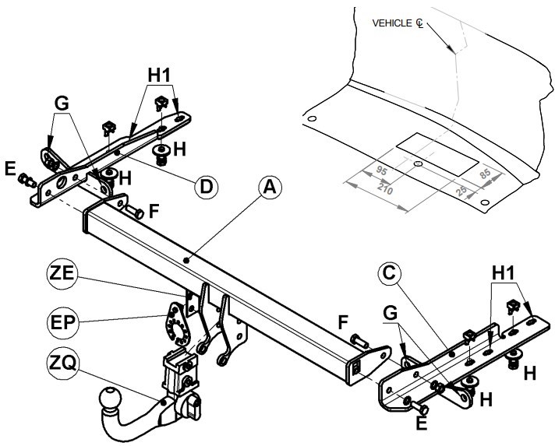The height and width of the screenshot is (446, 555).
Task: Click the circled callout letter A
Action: click(x=270, y=187)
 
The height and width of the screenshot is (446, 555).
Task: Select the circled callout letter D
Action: click(x=207, y=187)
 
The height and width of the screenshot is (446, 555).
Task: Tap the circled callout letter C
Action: click(x=389, y=273)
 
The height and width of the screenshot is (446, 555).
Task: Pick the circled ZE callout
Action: click(x=62, y=274)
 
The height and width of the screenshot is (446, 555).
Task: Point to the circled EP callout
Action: click(x=62, y=322)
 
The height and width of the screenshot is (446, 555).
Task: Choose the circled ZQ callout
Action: click(x=62, y=363)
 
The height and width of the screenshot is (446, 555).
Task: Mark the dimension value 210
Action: click(x=385, y=188)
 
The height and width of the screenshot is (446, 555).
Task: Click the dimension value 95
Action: click(x=381, y=170)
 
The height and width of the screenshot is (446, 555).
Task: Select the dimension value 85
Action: click(x=485, y=174)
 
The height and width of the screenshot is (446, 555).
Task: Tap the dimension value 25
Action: click(x=461, y=191)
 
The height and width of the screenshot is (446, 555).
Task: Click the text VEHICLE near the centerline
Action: click(x=392, y=23)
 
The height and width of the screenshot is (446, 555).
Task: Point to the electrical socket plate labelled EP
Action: click(x=177, y=325)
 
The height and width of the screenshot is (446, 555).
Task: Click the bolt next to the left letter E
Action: click(x=27, y=180)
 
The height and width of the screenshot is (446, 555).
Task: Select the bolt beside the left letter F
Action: click(x=135, y=212)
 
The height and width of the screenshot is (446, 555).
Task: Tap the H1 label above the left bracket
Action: click(x=159, y=75)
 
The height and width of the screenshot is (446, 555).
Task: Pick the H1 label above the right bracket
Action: click(x=504, y=273)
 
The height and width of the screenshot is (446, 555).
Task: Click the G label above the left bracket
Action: click(x=62, y=104)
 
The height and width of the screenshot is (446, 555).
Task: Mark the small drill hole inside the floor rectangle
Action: click(x=418, y=163)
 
